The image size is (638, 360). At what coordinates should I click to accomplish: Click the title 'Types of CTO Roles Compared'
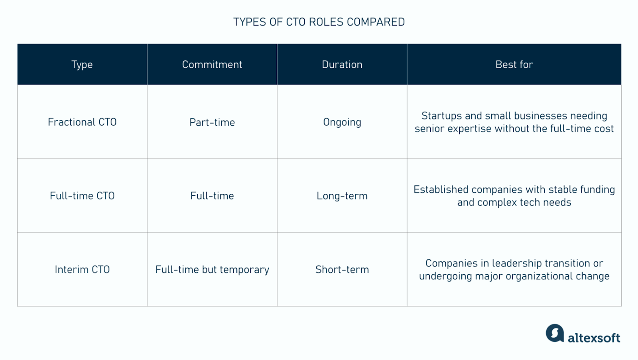coord(319,22)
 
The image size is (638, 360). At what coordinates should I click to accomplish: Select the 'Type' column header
coord(82,65)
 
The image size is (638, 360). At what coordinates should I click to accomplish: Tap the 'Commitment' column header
coord(212,65)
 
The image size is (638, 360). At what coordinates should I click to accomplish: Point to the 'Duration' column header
coord(342,65)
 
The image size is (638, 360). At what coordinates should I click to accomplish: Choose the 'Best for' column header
coord(514,65)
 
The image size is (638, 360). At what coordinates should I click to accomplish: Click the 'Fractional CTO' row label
coord(82,122)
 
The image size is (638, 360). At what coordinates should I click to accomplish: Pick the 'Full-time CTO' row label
coord(82,196)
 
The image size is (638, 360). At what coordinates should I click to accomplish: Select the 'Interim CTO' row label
coord(82,270)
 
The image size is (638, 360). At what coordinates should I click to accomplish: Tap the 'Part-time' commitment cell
coord(212,122)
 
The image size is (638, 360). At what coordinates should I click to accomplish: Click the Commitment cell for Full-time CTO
coord(212,196)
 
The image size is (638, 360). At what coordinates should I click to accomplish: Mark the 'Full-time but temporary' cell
coord(212,270)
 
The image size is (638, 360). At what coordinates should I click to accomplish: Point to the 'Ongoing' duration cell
coord(342,122)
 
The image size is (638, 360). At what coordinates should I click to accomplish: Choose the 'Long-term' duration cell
coord(342,196)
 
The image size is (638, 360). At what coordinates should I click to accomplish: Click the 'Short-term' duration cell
coord(342,270)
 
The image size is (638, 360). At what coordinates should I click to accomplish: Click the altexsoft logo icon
coord(555,333)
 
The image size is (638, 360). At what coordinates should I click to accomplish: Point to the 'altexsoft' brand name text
coord(594,338)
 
